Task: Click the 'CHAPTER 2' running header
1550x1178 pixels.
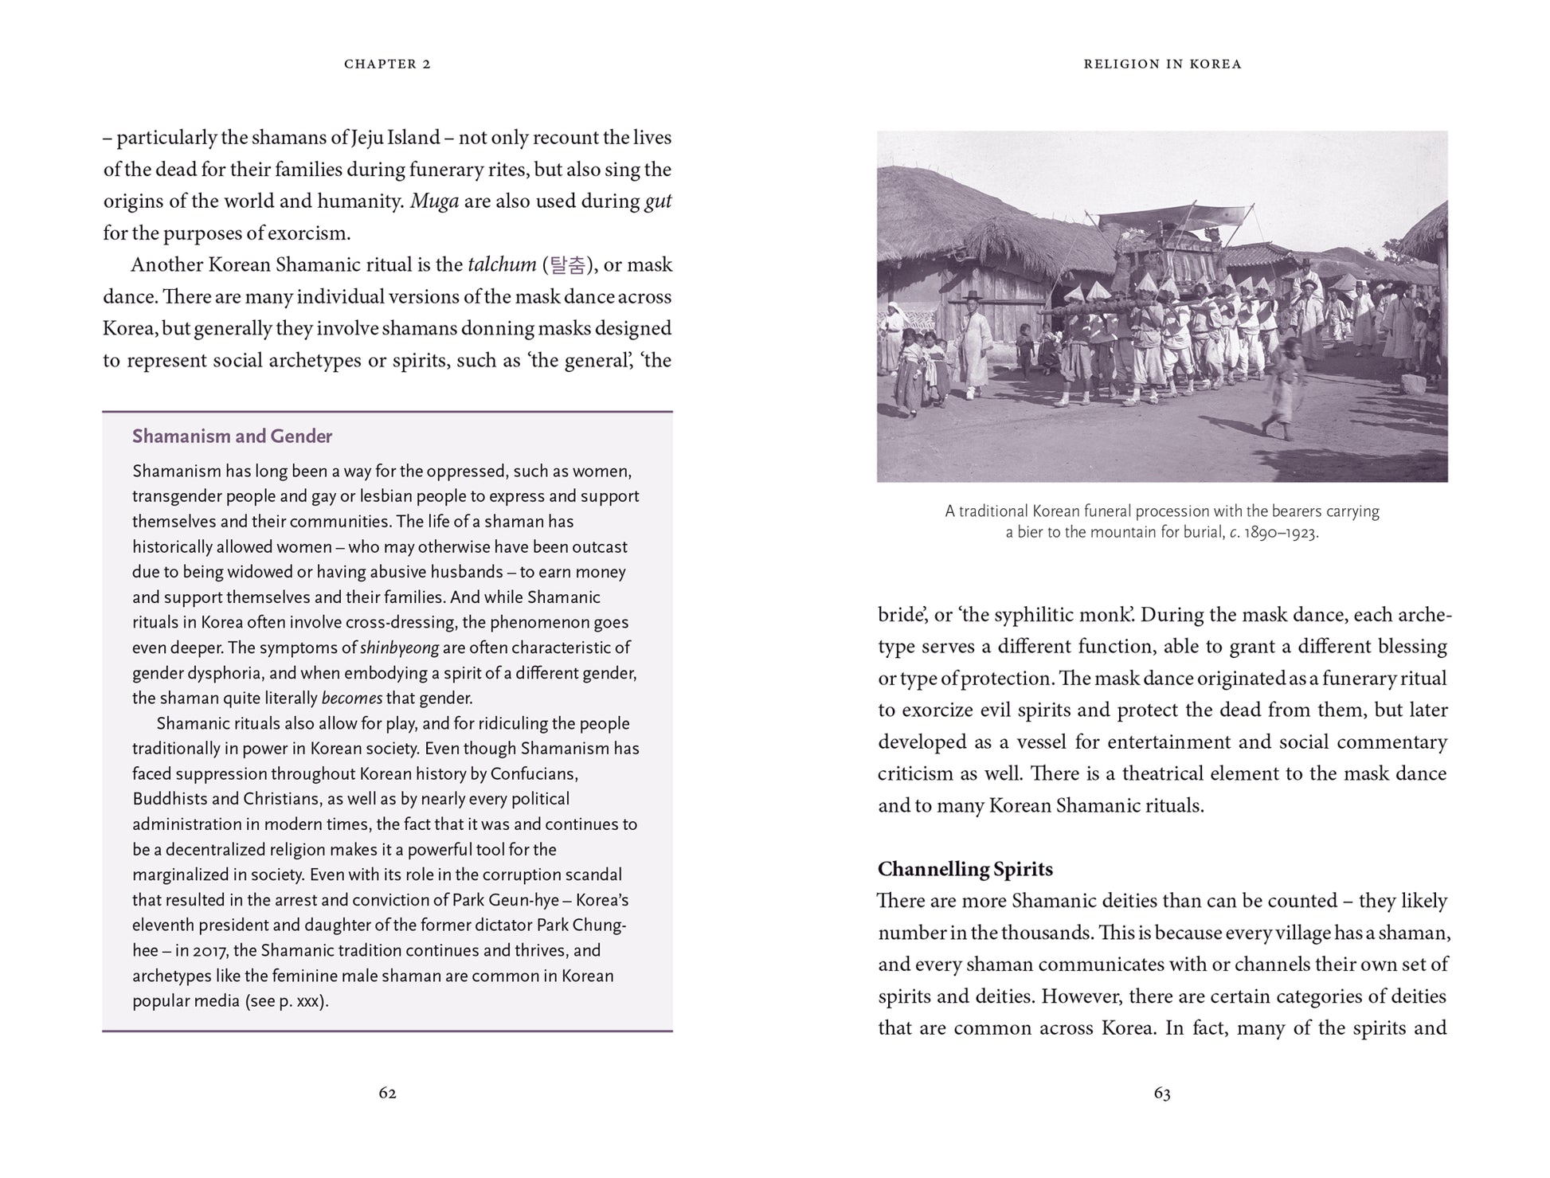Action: click(387, 64)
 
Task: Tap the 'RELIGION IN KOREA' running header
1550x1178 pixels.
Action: click(1162, 64)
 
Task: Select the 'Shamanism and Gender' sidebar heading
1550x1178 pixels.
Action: click(232, 436)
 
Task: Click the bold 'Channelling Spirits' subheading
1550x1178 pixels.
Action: click(965, 869)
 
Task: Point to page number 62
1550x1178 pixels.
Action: click(387, 1093)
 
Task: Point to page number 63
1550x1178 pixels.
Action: click(1162, 1093)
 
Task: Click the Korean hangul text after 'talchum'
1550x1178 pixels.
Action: click(568, 265)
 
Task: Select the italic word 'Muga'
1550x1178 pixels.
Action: click(434, 202)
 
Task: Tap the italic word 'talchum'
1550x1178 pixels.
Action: click(502, 265)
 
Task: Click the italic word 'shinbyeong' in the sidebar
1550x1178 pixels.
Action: click(399, 648)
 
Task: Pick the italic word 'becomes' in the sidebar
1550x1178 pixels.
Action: click(351, 699)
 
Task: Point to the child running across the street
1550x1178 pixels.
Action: click(1284, 390)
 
